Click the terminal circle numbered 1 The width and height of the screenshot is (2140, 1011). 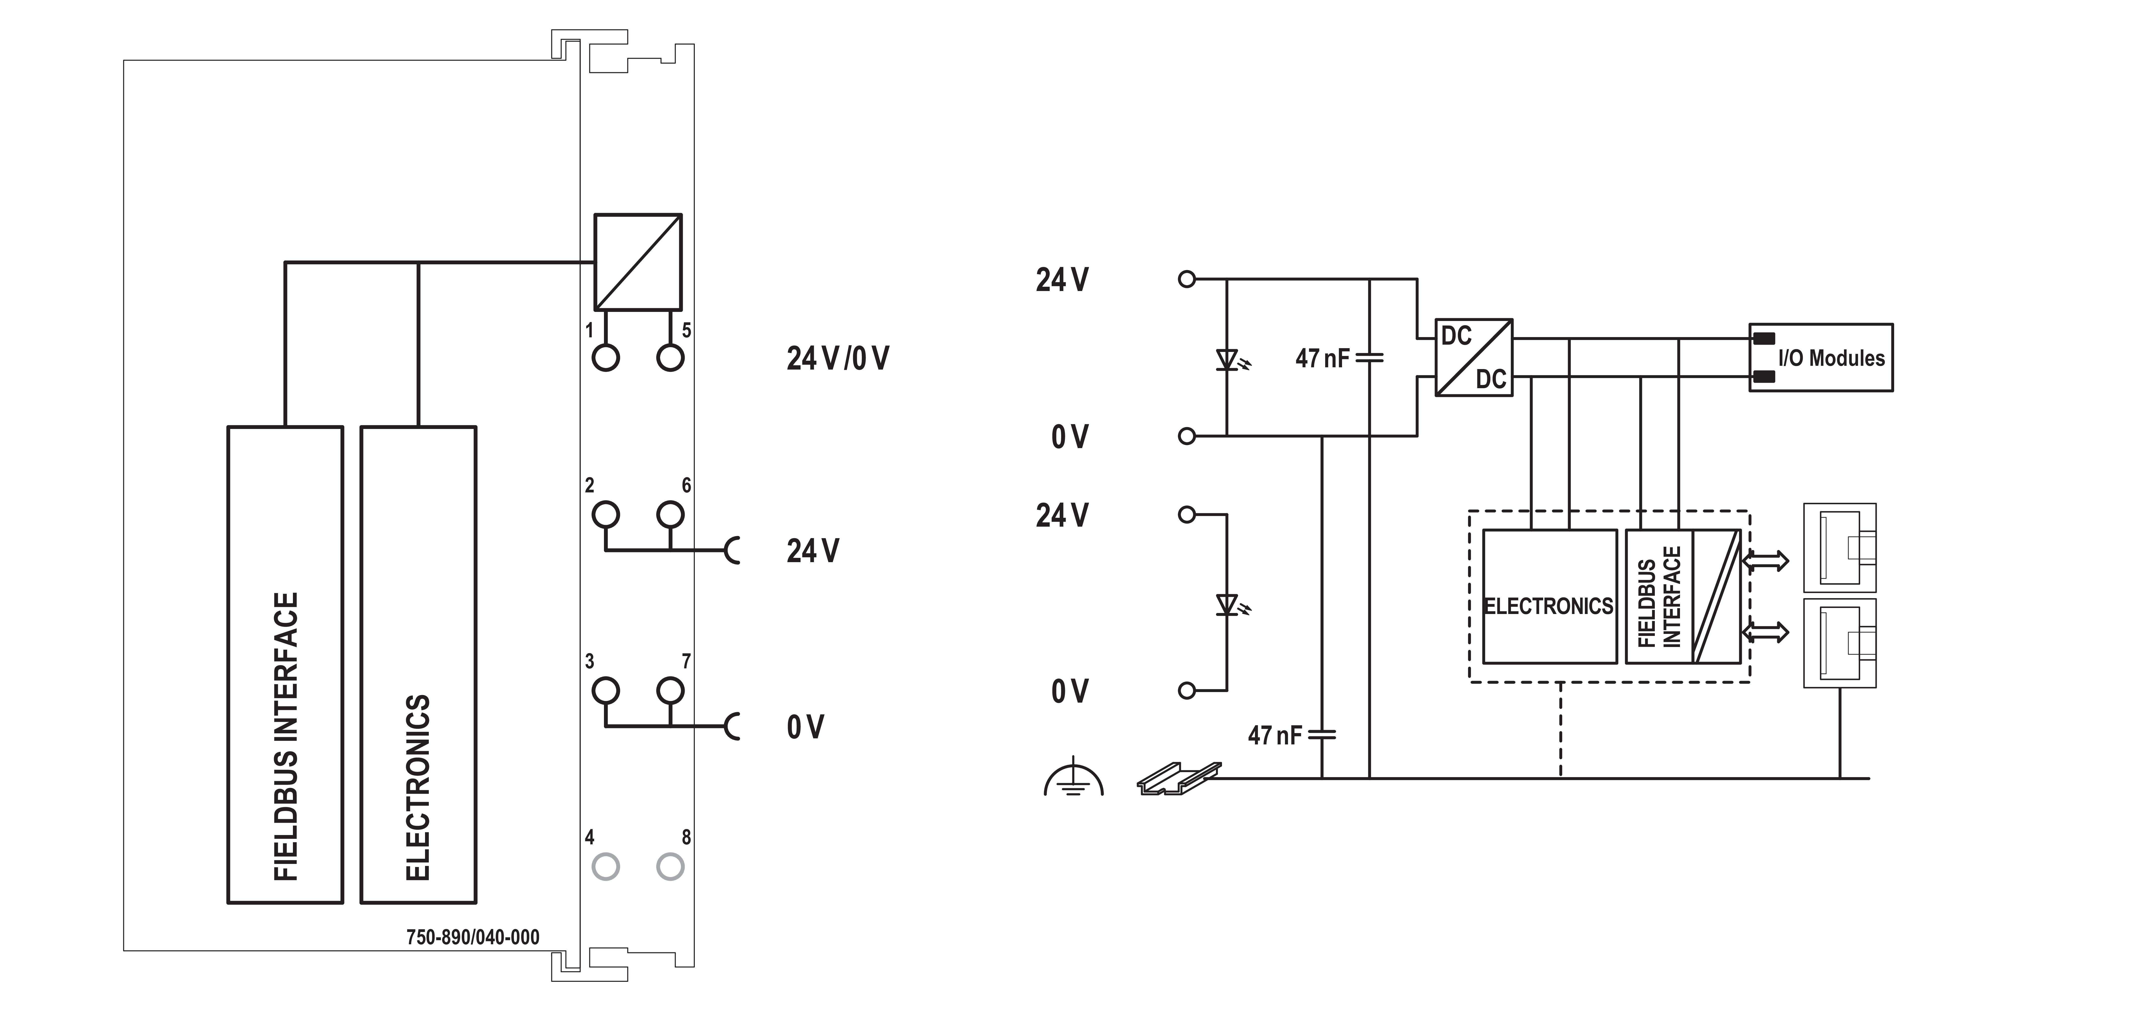click(606, 358)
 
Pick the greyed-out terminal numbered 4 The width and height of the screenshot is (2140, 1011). click(606, 866)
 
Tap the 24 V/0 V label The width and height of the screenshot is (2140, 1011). click(837, 358)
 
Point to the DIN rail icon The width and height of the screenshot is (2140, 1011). click(1178, 778)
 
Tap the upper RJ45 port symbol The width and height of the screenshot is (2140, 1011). click(1839, 548)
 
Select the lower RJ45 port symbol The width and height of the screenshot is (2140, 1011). click(1839, 643)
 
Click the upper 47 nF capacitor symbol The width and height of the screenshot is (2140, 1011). click(1369, 358)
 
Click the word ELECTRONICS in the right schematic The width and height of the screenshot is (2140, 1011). click(1549, 606)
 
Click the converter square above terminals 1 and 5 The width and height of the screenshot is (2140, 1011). click(637, 262)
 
